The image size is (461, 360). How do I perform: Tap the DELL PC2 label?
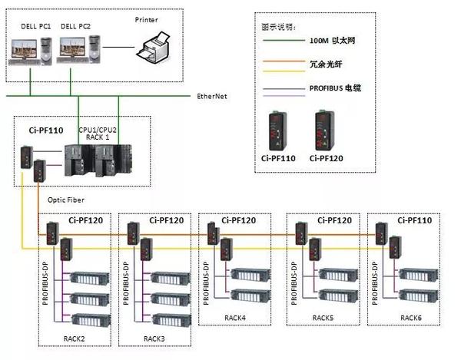tap(75, 26)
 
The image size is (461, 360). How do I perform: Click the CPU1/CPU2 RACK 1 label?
tap(98, 134)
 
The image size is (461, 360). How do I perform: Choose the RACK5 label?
tap(323, 315)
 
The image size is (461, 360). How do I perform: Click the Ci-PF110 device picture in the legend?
tap(276, 131)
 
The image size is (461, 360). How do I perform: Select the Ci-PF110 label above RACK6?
tap(413, 220)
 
